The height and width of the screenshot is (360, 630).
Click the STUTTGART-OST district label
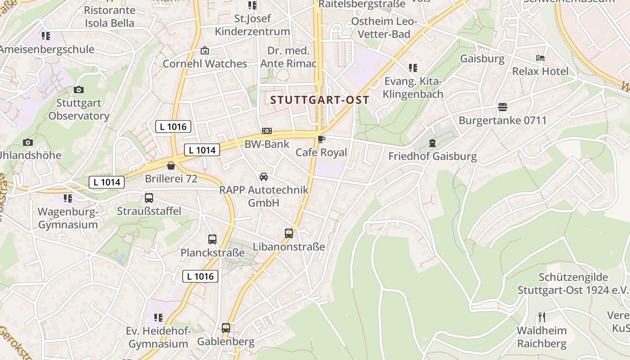pos(319,100)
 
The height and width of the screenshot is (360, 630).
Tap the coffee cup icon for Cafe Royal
pos(321,139)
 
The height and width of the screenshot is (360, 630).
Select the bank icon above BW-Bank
pos(267,131)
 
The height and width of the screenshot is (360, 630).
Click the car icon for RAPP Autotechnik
pos(264,177)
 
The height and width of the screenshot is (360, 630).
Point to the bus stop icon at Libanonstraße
pos(289,234)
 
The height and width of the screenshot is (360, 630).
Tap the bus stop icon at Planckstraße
pos(212,239)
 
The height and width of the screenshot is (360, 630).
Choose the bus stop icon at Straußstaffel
pos(149,198)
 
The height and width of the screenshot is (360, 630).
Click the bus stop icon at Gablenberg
pos(226,328)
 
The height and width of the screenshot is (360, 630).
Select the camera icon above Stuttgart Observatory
pos(79,90)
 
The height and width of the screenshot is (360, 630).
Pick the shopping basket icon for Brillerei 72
pos(171,166)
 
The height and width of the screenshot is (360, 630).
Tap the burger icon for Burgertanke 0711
pos(503,107)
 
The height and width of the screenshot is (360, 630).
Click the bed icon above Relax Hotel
pos(540,58)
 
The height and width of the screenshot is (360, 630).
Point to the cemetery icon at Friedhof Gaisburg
pos(432,143)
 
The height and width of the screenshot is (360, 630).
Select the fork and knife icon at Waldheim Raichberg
pos(542,317)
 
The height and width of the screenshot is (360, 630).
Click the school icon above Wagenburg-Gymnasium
pos(68,198)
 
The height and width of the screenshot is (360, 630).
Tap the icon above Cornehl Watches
pos(205,50)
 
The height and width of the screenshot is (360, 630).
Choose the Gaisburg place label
pos(482,58)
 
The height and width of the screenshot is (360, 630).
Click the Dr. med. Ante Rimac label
pos(288,57)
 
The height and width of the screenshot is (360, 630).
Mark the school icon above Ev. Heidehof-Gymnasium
pos(158,318)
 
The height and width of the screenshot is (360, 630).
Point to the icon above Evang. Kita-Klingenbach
pos(413,68)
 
